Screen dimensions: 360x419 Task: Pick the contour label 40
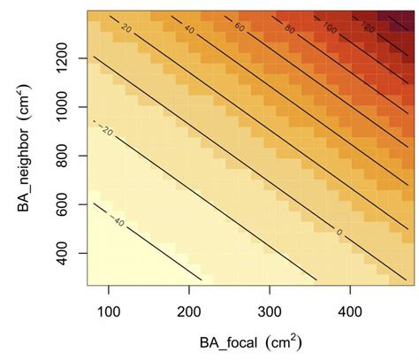[x=188, y=29]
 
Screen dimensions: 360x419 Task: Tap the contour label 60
[x=240, y=28]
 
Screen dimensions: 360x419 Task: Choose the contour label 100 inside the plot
[x=331, y=27]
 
